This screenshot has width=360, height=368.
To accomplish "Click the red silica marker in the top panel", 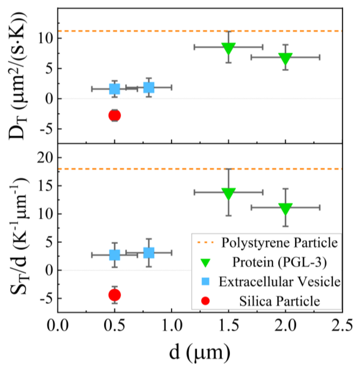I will pos(114,115).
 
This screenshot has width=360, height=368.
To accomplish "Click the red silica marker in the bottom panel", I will pos(114,295).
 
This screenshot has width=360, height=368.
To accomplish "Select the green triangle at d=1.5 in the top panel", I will pos(228,48).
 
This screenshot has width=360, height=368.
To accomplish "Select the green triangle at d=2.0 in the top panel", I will pos(285,58).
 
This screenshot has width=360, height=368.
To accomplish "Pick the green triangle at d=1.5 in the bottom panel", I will pos(228,193).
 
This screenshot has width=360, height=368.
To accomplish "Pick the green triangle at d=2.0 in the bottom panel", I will pos(285,208).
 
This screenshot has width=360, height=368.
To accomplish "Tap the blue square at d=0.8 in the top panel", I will pos(149,88).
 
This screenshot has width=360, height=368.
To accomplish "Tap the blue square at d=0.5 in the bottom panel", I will pos(114,255).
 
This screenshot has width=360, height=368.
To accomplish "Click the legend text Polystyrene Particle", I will pos(280,243).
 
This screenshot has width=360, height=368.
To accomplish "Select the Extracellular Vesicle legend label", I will pos(280,281).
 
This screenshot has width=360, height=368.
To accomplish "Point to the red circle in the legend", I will pos(206,301).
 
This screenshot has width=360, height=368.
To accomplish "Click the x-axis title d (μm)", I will pos(200,353).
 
